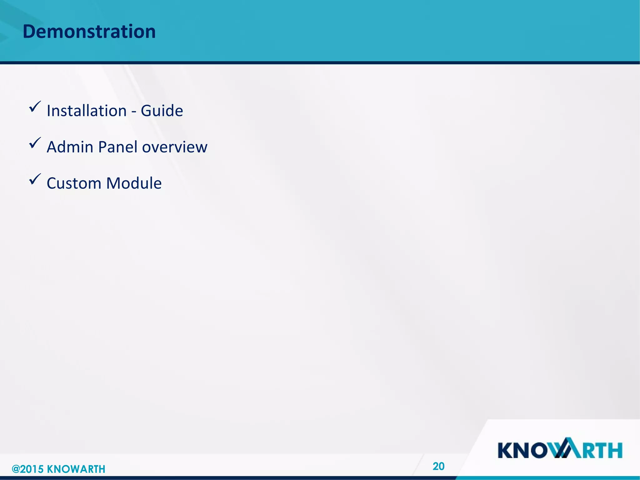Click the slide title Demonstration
coord(89,32)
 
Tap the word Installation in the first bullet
coord(87,111)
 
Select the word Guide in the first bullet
coord(162,111)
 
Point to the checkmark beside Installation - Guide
coord(35,107)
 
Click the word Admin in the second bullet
coord(70,147)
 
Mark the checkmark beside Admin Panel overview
coord(35,143)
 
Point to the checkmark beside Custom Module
coord(35,179)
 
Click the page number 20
coord(438,466)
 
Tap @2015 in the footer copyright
coord(27,469)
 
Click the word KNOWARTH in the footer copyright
coord(76,469)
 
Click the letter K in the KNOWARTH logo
coord(506,450)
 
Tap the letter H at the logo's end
coord(614,450)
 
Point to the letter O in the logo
coord(543,450)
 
